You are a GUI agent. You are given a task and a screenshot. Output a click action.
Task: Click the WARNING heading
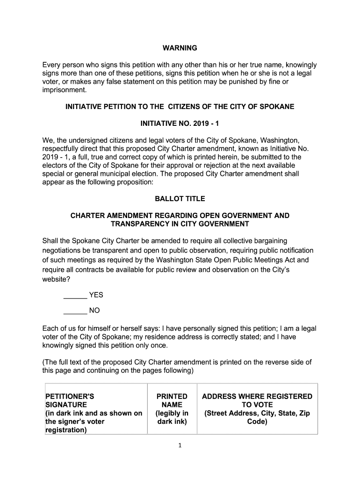pyautogui.click(x=180, y=48)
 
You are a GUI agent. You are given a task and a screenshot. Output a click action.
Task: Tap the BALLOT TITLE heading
pyautogui.click(x=180, y=199)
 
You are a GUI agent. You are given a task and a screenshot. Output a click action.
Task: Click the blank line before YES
pyautogui.click(x=75, y=296)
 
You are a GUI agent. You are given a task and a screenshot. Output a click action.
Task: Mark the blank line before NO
pyautogui.click(x=75, y=311)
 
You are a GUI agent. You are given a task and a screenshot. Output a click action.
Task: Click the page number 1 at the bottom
pyautogui.click(x=180, y=445)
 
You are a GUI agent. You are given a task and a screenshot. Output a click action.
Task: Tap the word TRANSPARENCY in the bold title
pyautogui.click(x=140, y=224)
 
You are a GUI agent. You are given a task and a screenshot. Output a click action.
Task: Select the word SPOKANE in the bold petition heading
pyautogui.click(x=277, y=107)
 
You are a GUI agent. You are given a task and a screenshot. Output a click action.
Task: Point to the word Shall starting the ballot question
pyautogui.click(x=51, y=241)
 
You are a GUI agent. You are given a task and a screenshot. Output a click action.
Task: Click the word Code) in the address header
pyautogui.click(x=257, y=421)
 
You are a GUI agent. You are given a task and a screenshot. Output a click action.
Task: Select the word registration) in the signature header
pyautogui.click(x=66, y=430)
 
